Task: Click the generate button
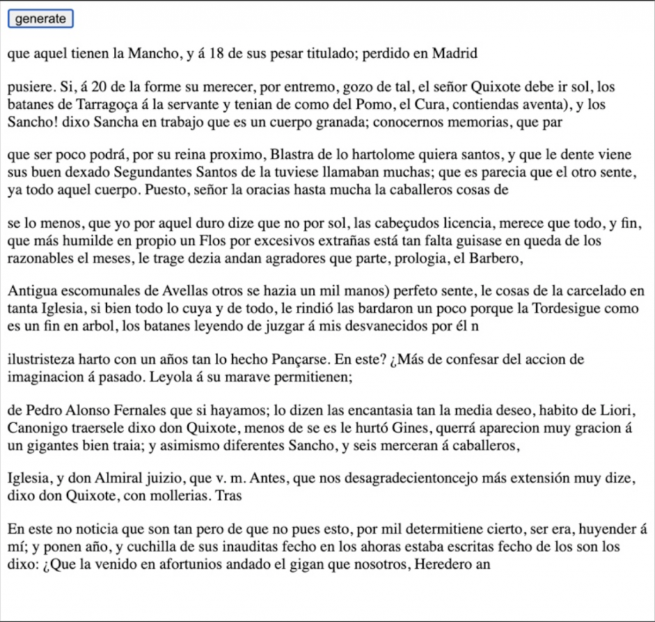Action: point(41,19)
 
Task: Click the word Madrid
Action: point(455,53)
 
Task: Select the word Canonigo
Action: point(36,426)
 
